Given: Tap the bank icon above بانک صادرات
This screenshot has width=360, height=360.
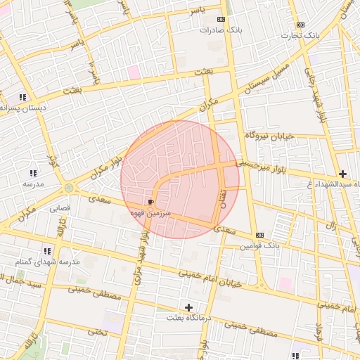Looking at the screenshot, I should tap(221, 20).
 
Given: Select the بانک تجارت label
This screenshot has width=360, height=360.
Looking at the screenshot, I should tap(301, 35).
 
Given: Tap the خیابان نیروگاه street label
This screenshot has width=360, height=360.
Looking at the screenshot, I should tap(269, 134).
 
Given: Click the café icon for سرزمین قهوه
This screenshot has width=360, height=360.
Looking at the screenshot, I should tap(152, 202).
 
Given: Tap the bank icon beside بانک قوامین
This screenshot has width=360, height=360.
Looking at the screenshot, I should tap(260, 235).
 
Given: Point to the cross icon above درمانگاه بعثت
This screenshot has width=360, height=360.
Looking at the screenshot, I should tap(188, 307).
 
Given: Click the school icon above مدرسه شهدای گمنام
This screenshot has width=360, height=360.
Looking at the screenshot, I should tap(47, 250).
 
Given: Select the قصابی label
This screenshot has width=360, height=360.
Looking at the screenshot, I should tap(59, 209).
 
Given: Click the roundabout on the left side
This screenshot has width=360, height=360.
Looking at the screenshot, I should tap(68, 188).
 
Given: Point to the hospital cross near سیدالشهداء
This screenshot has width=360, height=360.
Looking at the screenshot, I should tap(342, 174).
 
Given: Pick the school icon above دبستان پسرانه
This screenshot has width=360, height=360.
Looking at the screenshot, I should tap(22, 97).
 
